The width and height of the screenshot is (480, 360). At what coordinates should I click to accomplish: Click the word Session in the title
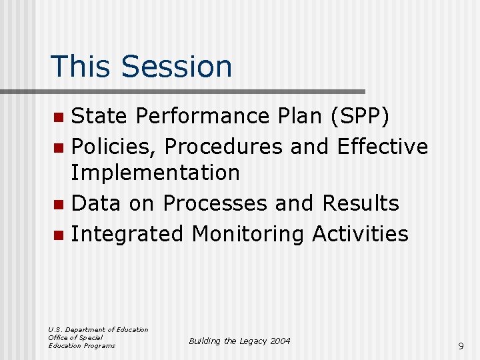[177, 67]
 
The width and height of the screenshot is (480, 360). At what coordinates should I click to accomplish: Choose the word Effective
[383, 145]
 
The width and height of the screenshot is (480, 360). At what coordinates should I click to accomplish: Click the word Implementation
[155, 173]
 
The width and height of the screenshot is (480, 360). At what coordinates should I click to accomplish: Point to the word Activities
[360, 233]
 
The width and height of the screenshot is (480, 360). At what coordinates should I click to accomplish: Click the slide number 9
[461, 346]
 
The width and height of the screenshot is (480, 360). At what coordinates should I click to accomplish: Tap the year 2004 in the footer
[279, 341]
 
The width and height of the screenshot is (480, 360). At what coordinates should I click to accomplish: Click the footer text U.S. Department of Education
[98, 329]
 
